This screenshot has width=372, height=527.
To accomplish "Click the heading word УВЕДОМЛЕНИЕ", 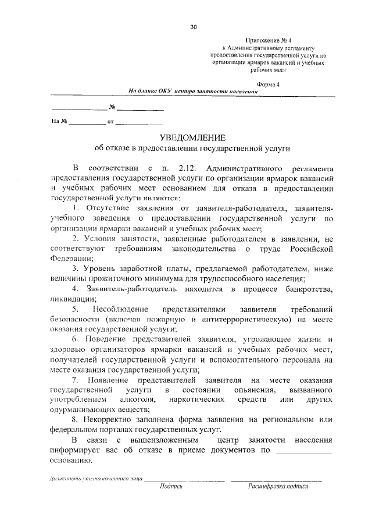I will point(192,137).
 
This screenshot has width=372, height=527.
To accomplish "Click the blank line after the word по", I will point(304,452).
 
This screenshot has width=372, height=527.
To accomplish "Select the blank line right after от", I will point(139,123).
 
